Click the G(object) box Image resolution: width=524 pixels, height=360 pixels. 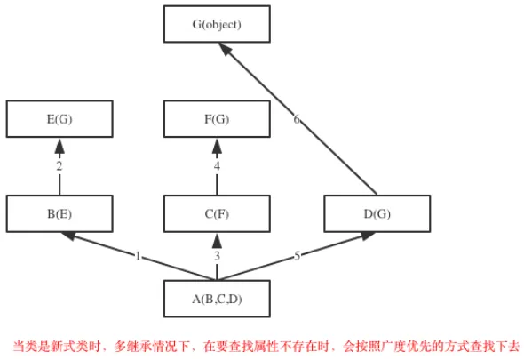[217, 24]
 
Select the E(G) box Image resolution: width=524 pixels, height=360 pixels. [60, 119]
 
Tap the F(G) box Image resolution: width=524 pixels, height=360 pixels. [217, 119]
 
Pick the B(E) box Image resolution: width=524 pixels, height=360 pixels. [60, 213]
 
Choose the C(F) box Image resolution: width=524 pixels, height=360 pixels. [217, 213]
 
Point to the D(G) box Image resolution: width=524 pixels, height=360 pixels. [377, 213]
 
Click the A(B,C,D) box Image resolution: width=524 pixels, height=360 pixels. [217, 299]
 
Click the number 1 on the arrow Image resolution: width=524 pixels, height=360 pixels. [138, 256]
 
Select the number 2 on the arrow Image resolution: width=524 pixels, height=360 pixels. [60, 166]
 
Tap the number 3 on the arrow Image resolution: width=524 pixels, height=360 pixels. [218, 256]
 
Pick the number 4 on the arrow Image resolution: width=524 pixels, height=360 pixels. [218, 166]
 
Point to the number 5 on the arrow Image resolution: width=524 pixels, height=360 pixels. [298, 256]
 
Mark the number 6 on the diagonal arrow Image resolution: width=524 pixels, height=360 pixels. [297, 119]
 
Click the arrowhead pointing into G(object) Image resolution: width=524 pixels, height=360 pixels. [226, 50]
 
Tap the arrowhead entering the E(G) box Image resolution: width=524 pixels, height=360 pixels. [60, 146]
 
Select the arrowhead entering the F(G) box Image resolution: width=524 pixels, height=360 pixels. [217, 146]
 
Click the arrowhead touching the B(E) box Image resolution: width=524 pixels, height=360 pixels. [69, 236]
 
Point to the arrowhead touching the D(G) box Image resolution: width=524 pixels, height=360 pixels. [367, 236]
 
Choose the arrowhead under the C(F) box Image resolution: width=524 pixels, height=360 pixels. [217, 240]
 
